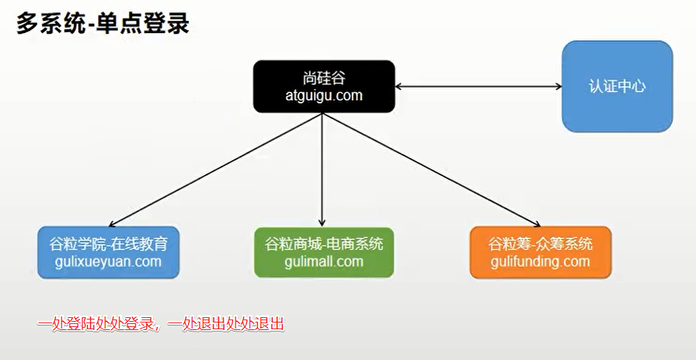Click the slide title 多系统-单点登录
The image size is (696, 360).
click(x=103, y=23)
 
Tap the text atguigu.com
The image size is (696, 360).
click(x=324, y=95)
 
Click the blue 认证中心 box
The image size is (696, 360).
click(x=617, y=86)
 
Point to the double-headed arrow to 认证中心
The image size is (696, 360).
click(x=478, y=87)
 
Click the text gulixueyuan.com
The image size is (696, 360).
click(x=109, y=262)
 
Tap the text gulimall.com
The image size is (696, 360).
click(x=324, y=262)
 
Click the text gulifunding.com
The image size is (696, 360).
click(x=540, y=262)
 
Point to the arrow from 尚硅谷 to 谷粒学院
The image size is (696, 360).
click(x=217, y=169)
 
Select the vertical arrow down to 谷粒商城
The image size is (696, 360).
click(x=322, y=169)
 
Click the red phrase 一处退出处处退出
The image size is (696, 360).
click(x=226, y=325)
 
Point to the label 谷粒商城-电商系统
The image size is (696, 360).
click(x=324, y=244)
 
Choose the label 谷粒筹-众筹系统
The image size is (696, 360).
click(x=540, y=244)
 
